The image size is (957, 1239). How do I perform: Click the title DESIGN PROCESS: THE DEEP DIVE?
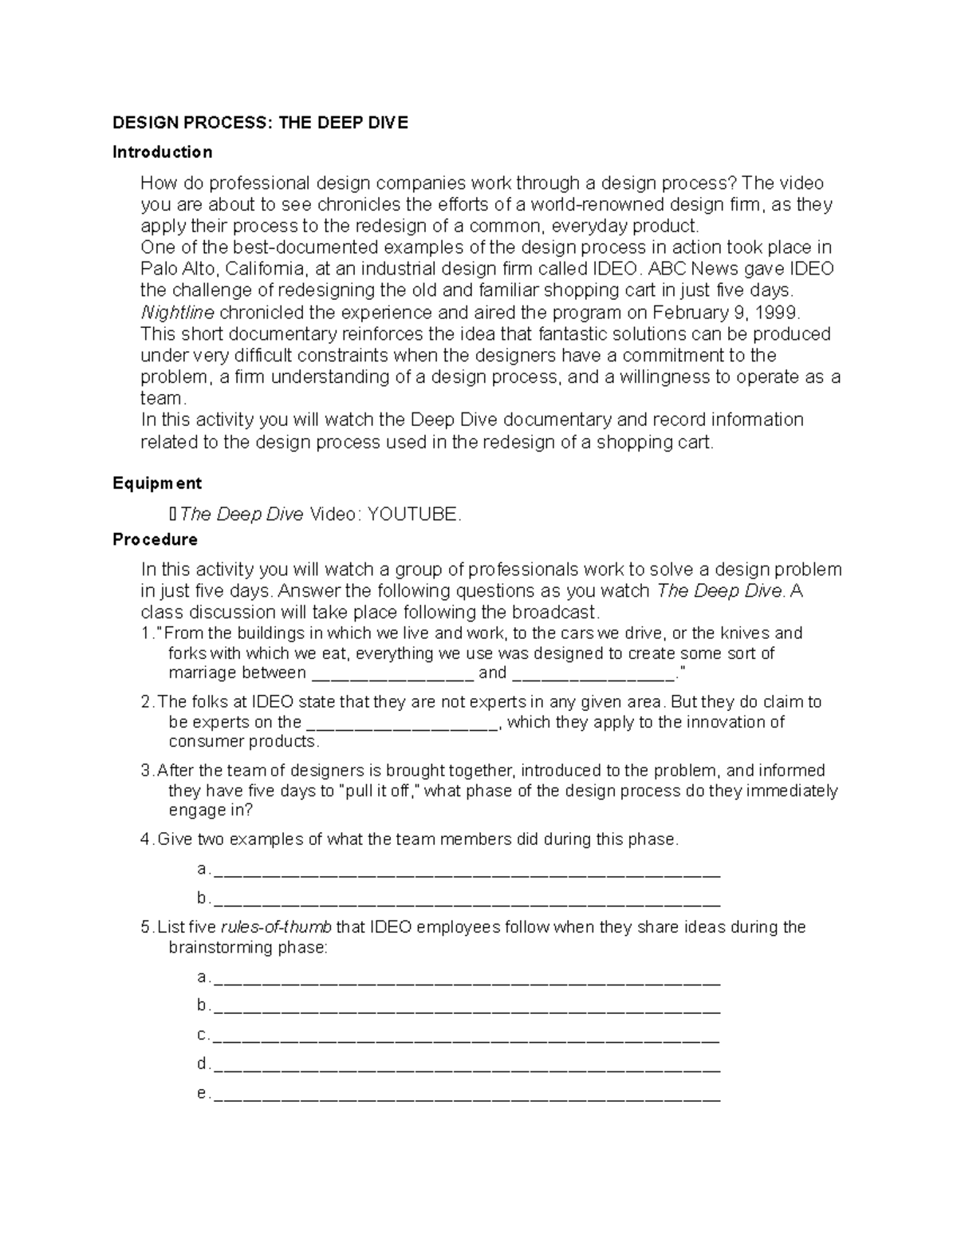click(260, 123)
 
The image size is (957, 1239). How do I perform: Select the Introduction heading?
click(163, 152)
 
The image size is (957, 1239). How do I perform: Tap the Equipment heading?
click(157, 483)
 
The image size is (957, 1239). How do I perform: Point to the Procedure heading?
click(156, 540)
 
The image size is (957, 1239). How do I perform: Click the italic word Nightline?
click(177, 312)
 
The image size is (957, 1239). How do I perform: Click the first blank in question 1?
click(391, 675)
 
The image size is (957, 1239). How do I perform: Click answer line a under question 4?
click(467, 871)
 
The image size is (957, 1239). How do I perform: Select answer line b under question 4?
click(467, 901)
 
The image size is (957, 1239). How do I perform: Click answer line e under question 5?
click(467, 1095)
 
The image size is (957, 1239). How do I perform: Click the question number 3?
click(145, 771)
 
